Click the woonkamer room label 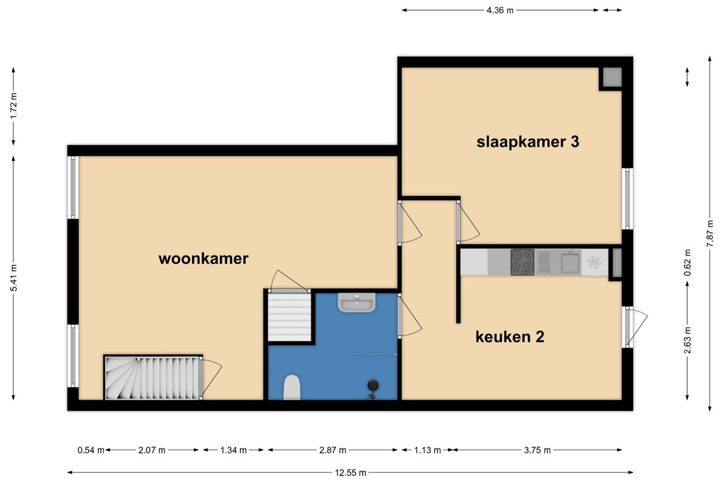click(x=204, y=258)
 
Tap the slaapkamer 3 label click(x=528, y=142)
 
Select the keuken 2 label click(x=510, y=337)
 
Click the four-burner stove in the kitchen click(x=522, y=262)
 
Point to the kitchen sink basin click(x=571, y=263)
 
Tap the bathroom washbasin click(x=357, y=302)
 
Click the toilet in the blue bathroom click(x=292, y=387)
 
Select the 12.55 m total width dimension click(x=350, y=473)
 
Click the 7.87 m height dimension click(x=710, y=233)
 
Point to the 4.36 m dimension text click(x=500, y=10)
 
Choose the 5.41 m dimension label click(x=13, y=278)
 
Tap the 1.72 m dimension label click(x=13, y=106)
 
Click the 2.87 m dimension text click(x=333, y=450)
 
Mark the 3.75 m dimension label click(x=537, y=450)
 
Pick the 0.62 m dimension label click(x=687, y=262)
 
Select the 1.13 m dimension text click(x=427, y=450)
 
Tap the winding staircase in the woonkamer click(x=152, y=378)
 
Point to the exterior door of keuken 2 click(x=627, y=327)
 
